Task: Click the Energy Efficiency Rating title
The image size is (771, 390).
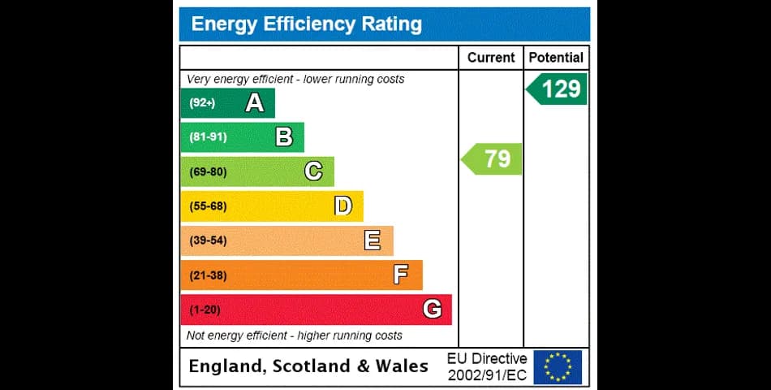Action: tap(306, 24)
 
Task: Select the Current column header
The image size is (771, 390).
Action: tap(491, 58)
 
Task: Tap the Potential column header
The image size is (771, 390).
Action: tap(556, 58)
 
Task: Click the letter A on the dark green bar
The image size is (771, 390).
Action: tap(255, 102)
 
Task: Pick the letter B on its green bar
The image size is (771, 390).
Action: tap(284, 136)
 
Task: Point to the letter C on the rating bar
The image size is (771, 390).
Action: tap(313, 171)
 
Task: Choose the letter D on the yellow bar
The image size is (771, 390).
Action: tap(343, 206)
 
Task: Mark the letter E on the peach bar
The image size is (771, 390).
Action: tap(373, 240)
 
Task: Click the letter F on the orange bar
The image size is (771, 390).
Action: tap(401, 275)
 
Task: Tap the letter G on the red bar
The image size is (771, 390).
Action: tap(432, 310)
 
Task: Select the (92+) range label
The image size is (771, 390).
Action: tap(202, 103)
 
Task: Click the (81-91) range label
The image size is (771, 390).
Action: tap(208, 136)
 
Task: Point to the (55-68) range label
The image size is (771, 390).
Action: tap(208, 206)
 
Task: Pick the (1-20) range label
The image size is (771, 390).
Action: tap(205, 310)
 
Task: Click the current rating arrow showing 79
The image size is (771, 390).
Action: tap(491, 158)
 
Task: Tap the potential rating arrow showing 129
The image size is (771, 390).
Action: tap(557, 89)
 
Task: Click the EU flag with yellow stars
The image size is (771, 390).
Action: tap(558, 367)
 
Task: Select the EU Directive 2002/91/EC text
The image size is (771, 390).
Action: tap(487, 367)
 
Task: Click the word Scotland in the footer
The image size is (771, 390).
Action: tap(312, 366)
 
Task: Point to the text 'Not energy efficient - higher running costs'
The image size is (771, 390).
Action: tap(294, 336)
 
